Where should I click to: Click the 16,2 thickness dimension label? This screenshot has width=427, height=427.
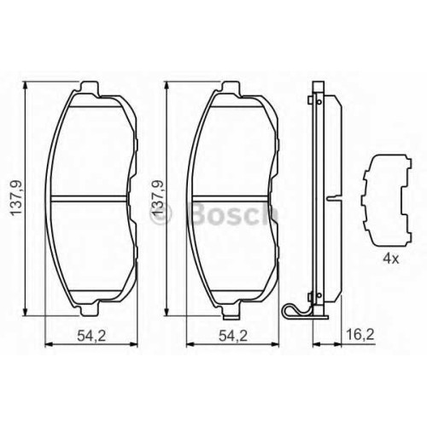click(360, 335)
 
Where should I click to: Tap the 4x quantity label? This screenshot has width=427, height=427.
click(391, 259)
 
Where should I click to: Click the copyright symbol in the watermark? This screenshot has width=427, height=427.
click(161, 214)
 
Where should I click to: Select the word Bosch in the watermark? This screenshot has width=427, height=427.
click(234, 213)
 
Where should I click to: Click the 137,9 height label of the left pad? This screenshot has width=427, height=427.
click(16, 198)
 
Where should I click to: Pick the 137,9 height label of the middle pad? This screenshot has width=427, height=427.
click(158, 198)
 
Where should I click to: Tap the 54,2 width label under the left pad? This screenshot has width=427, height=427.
click(91, 336)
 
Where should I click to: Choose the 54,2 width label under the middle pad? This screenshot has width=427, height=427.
click(233, 336)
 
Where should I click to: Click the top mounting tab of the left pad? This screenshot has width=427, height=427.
click(90, 86)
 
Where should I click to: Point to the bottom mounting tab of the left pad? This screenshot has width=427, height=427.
click(90, 311)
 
